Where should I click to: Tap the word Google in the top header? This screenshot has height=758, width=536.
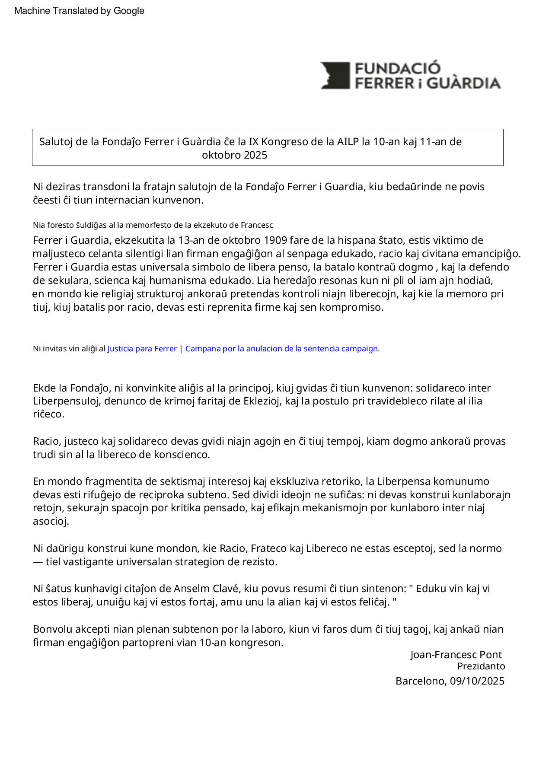[x=129, y=11]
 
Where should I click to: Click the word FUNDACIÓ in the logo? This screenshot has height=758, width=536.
[x=397, y=69]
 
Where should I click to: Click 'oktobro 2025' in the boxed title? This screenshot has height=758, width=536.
[x=235, y=155]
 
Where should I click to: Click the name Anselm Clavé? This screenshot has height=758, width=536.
[x=206, y=589]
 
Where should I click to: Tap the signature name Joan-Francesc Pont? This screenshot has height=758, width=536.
[x=456, y=655]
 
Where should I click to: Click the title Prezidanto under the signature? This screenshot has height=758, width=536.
[x=481, y=666]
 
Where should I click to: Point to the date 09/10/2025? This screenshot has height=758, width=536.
[x=477, y=682]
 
